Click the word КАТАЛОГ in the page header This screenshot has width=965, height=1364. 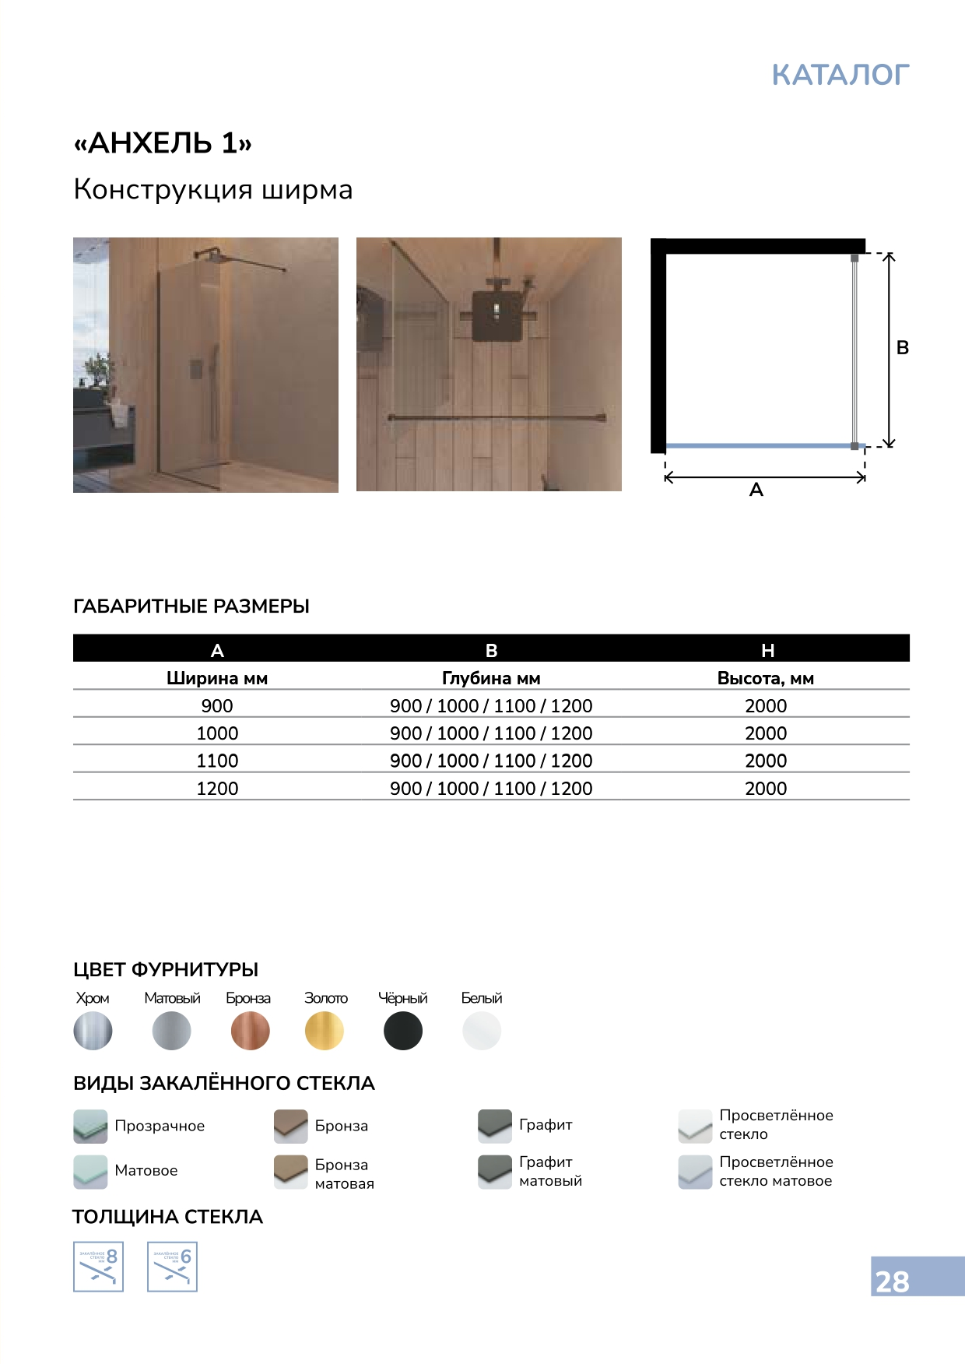pyautogui.click(x=840, y=75)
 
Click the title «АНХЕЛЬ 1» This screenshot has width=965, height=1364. pyautogui.click(x=163, y=143)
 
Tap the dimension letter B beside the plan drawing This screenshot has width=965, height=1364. pyautogui.click(x=903, y=348)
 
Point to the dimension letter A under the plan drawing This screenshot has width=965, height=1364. pyautogui.click(x=756, y=490)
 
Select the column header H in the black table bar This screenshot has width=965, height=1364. pyautogui.click(x=767, y=650)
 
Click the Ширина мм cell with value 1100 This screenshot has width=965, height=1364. pyautogui.click(x=217, y=761)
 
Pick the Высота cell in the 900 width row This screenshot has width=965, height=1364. pyautogui.click(x=766, y=706)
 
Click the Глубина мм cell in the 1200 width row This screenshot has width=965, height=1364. pyautogui.click(x=491, y=789)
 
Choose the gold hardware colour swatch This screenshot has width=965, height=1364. pyautogui.click(x=325, y=1031)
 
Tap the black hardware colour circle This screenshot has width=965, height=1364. pyautogui.click(x=403, y=1031)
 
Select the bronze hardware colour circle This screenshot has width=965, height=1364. pyautogui.click(x=250, y=1031)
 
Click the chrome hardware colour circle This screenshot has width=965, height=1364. pyautogui.click(x=93, y=1031)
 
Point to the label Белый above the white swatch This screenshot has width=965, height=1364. pyautogui.click(x=482, y=998)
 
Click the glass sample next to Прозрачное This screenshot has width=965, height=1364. pyautogui.click(x=90, y=1126)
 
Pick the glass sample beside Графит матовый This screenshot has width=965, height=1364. pyautogui.click(x=495, y=1171)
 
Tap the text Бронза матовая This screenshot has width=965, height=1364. pyautogui.click(x=344, y=1174)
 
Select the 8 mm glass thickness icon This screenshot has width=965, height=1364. pyautogui.click(x=98, y=1267)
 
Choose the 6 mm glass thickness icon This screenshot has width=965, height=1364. pyautogui.click(x=172, y=1267)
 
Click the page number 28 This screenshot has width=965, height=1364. pyautogui.click(x=892, y=1281)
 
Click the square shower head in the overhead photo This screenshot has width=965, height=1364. pyautogui.click(x=495, y=315)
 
